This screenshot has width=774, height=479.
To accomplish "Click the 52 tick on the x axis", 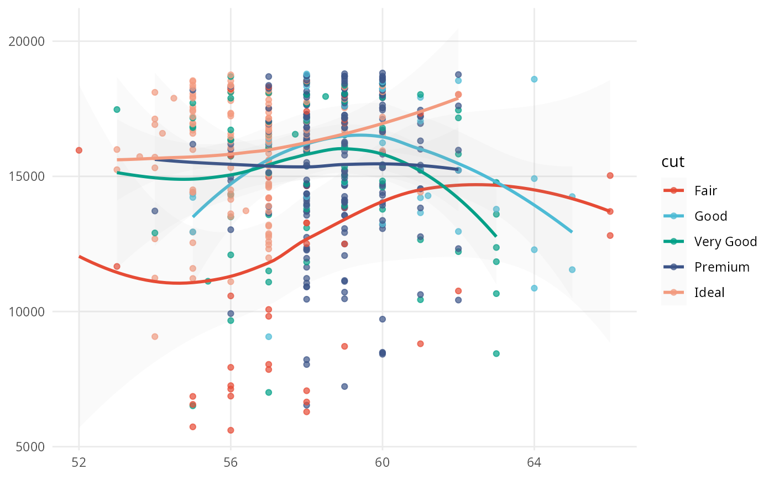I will point(79,462).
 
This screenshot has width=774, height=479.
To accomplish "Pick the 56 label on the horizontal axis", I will point(231,462).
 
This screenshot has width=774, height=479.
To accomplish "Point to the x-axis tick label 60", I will point(383,462).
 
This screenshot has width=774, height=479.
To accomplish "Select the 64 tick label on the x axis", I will point(534,462).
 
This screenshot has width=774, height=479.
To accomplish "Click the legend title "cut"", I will point(673,162).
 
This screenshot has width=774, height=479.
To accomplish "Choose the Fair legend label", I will point(705,191).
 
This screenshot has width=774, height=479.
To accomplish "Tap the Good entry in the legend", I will point(710,216).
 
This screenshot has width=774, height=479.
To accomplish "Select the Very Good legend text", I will point(725,242).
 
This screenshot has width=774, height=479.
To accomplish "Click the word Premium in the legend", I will point(721,267).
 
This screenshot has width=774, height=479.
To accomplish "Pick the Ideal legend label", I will point(709,293).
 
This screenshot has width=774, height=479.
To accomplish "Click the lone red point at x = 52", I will point(79,150).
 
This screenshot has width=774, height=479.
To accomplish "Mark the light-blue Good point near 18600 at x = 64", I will point(534,79).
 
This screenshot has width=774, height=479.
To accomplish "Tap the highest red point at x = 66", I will point(610,175).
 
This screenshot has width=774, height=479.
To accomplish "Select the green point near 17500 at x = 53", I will point(117,110).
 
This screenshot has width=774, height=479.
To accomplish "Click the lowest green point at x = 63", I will point(496,353).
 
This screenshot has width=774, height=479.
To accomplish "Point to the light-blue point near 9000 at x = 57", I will point(269,336).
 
